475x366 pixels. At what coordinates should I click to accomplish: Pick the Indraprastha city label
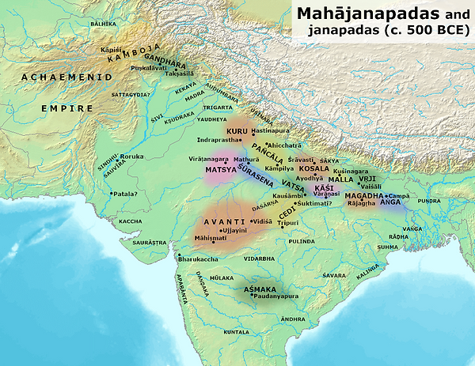pos(218,140)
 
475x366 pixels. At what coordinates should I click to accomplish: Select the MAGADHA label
pos(364,195)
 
